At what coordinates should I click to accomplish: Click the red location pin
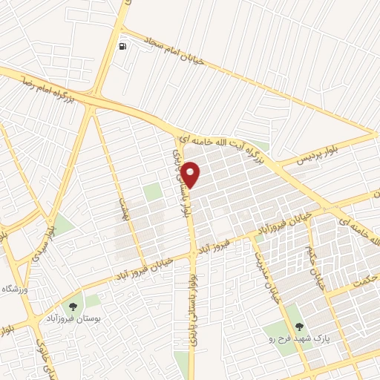(191, 174)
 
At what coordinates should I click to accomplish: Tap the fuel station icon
(122, 45)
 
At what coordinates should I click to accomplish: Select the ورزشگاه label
(13, 288)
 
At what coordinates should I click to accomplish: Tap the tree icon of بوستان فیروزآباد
(73, 306)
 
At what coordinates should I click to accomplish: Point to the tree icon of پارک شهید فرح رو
(300, 325)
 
